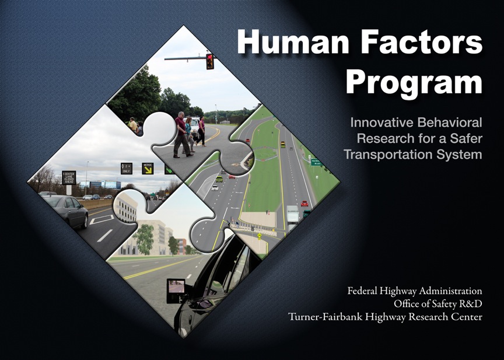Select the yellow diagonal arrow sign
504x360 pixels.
point(148,169)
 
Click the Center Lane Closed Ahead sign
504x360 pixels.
point(69,177)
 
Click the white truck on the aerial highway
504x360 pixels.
point(293,215)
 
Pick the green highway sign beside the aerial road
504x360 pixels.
point(316,162)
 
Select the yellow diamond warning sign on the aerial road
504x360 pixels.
point(259,236)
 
